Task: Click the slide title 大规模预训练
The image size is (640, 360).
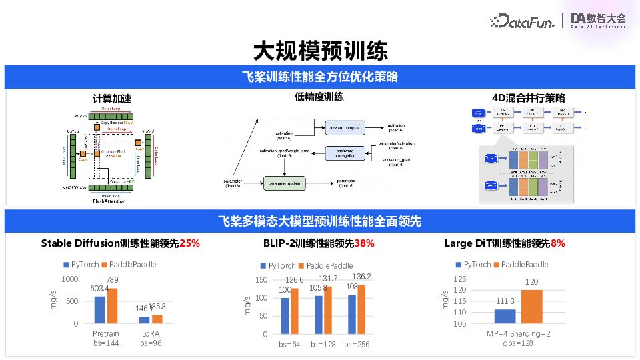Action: pyautogui.click(x=319, y=51)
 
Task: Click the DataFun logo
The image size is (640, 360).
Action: pyautogui.click(x=522, y=21)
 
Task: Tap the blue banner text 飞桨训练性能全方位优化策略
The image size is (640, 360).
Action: pyautogui.click(x=319, y=77)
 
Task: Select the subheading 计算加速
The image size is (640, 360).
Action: pyautogui.click(x=111, y=99)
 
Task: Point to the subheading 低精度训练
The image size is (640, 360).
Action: pyautogui.click(x=319, y=97)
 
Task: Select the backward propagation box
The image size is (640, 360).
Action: pyautogui.click(x=345, y=153)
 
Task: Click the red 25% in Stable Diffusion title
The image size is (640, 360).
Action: pyautogui.click(x=189, y=243)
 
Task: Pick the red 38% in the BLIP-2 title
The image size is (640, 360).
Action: pyautogui.click(x=364, y=243)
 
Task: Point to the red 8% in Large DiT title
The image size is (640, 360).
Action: pyautogui.click(x=557, y=243)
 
